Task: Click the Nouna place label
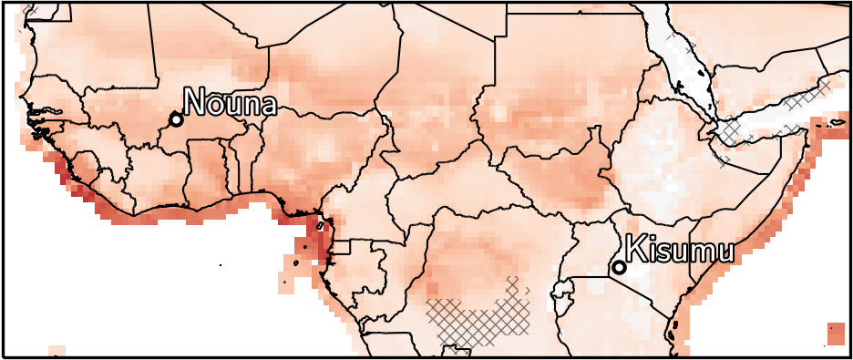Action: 230,102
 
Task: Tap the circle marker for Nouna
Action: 176,119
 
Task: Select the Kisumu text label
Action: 679,250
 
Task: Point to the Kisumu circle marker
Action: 619,267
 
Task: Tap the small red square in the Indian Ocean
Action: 835,333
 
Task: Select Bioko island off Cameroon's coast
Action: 320,224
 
